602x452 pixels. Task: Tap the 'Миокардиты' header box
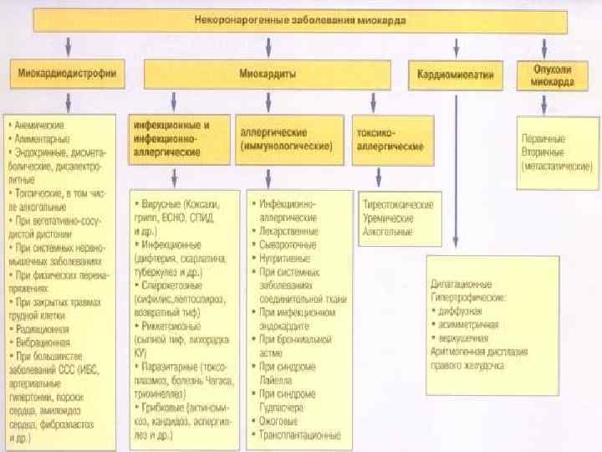click(x=267, y=74)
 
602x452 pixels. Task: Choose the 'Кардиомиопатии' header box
click(x=456, y=74)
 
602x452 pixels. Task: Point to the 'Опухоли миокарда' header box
click(x=547, y=74)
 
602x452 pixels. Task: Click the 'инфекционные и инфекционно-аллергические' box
click(x=176, y=139)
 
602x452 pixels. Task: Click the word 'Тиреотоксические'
click(x=397, y=204)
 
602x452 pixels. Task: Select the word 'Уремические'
click(x=387, y=217)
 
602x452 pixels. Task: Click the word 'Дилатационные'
click(x=461, y=284)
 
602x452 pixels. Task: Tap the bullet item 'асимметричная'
click(x=467, y=323)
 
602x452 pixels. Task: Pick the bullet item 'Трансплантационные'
click(x=301, y=434)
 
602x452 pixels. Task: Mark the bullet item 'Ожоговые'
click(x=280, y=421)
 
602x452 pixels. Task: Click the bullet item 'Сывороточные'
click(x=288, y=244)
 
